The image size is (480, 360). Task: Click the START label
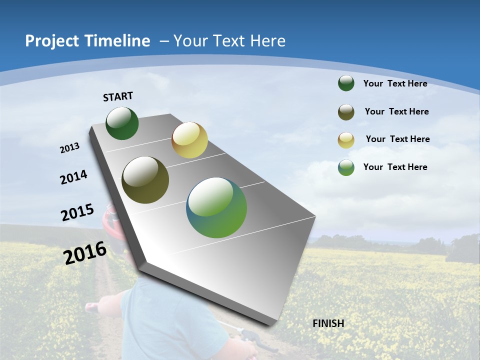point(118,96)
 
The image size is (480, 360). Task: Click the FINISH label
point(328,323)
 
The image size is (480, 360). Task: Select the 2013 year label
point(69,147)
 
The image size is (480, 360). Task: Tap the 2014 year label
point(73,177)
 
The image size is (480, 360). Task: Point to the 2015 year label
point(77,212)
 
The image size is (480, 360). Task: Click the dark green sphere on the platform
point(122,123)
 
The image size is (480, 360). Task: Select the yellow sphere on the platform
point(189,140)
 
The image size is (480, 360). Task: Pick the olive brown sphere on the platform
point(145,180)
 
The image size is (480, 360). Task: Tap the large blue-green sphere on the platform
point(216,207)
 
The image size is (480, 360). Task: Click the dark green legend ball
point(346,83)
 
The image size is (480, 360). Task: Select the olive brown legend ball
point(346,112)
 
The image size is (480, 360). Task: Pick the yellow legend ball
point(346,139)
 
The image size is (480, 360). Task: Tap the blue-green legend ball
point(346,167)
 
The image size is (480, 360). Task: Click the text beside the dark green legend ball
point(395,83)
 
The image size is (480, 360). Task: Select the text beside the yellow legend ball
point(397,139)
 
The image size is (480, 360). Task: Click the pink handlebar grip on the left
point(92,306)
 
